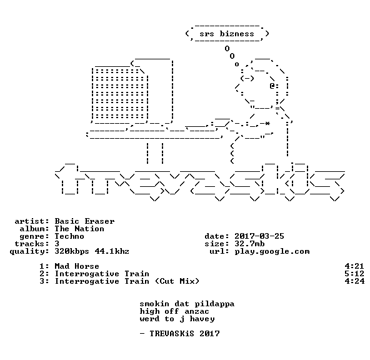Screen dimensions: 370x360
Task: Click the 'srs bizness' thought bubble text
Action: tap(227, 34)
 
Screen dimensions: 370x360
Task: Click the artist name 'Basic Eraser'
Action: tap(85, 221)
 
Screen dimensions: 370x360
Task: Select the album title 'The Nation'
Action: tap(79, 229)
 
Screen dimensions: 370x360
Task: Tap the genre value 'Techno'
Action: tap(69, 236)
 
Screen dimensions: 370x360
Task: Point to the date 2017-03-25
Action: tap(259, 236)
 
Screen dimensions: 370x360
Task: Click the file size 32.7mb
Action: tap(249, 244)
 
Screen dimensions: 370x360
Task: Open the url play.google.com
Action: tap(272, 251)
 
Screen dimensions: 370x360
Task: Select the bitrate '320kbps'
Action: tap(72, 251)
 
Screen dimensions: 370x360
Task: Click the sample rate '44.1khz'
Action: tap(112, 251)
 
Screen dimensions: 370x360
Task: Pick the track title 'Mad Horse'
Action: tap(77, 266)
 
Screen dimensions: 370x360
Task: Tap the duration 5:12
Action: tap(354, 274)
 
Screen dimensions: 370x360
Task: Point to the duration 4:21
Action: tap(354, 266)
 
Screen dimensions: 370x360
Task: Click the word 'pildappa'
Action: tap(214, 304)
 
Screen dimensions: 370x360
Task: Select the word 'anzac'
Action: tap(197, 312)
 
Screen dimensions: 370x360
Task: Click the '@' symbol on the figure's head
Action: tap(272, 86)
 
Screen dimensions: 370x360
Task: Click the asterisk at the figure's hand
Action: tap(267, 123)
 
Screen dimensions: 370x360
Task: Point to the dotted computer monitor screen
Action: tap(120, 94)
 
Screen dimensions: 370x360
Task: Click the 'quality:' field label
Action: tap(29, 251)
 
